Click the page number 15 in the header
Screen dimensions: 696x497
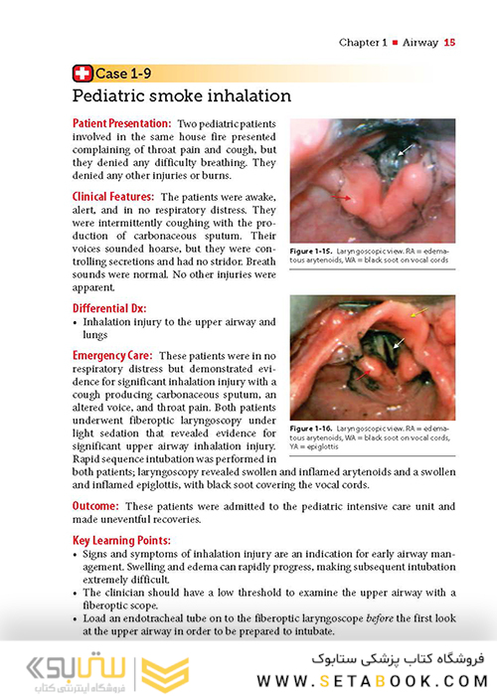449,42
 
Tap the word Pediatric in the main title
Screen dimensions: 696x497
112,95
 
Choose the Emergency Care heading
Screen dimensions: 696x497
113,355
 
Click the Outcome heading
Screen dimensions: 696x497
97,506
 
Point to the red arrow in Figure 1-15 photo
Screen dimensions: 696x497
342,199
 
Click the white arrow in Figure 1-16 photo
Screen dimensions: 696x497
398,344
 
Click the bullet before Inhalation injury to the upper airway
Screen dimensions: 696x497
77,322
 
